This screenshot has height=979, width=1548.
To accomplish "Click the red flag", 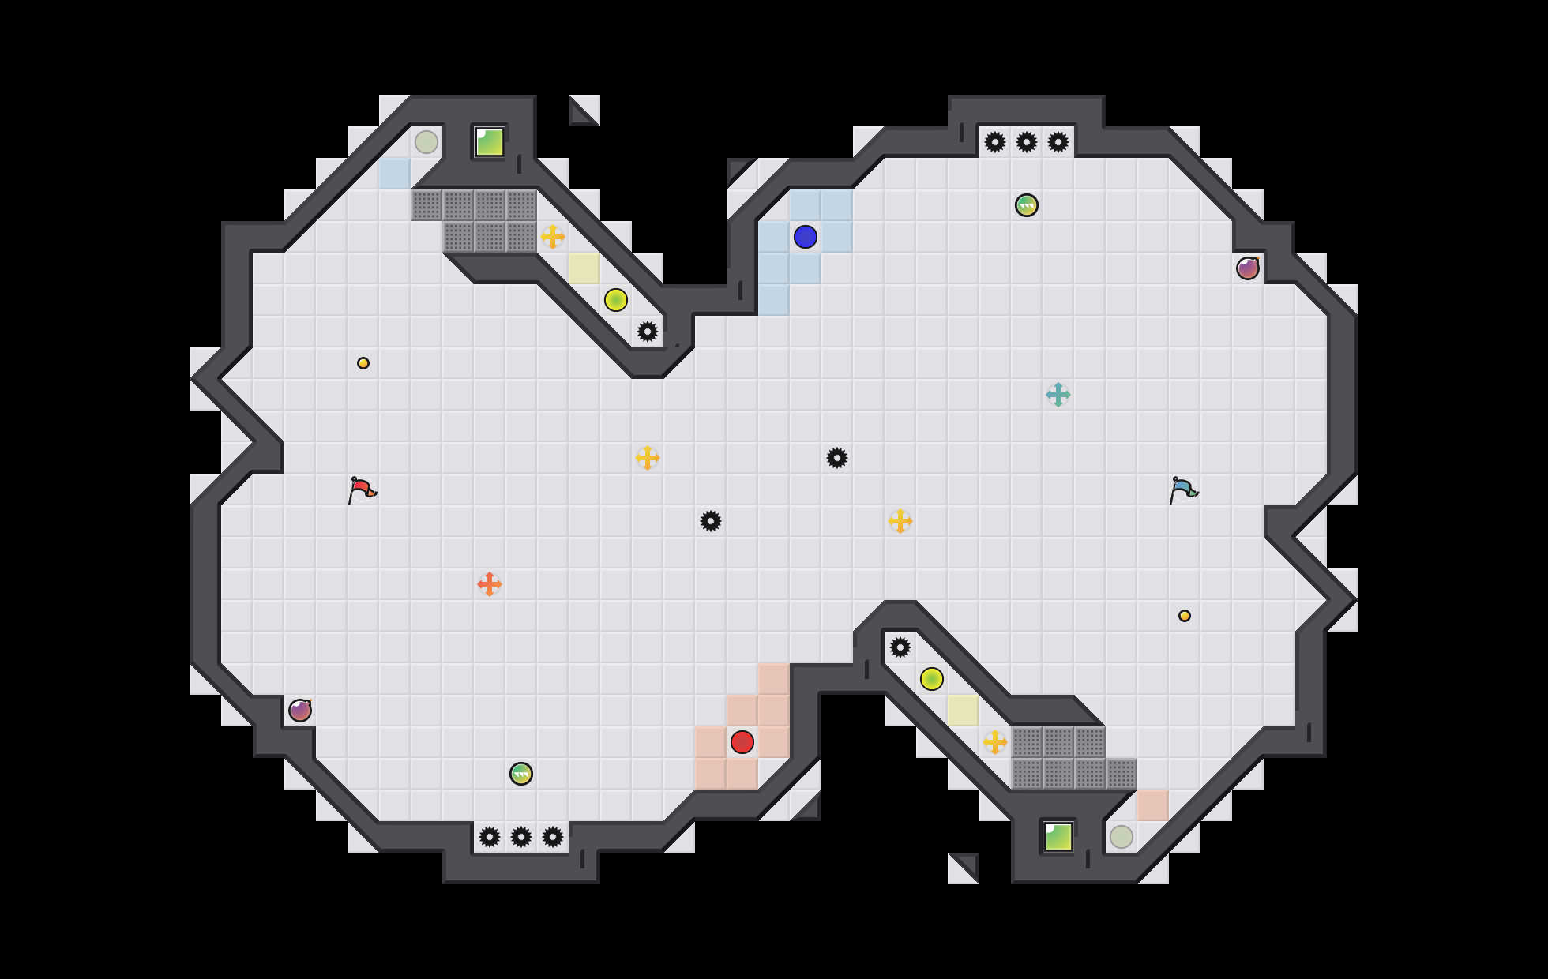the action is pyautogui.click(x=362, y=489).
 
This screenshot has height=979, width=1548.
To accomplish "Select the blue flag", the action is pyautogui.click(x=1183, y=489).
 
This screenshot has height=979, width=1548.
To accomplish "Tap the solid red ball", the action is pyautogui.click(x=742, y=742).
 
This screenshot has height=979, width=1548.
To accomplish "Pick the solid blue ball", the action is pyautogui.click(x=806, y=237).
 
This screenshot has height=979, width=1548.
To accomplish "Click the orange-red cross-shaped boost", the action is pyautogui.click(x=490, y=584).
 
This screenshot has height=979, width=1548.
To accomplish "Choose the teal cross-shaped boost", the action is pyautogui.click(x=1058, y=395).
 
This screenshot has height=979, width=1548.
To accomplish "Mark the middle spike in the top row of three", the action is pyautogui.click(x=1027, y=142).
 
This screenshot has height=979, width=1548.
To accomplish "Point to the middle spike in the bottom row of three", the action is pyautogui.click(x=521, y=837).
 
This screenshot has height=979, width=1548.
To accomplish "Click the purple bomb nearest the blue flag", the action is pyautogui.click(x=1248, y=268).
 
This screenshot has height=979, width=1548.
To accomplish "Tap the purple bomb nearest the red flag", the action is pyautogui.click(x=300, y=711).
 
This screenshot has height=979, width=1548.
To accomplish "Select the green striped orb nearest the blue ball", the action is pyautogui.click(x=1027, y=205).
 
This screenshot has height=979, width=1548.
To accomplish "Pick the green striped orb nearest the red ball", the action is pyautogui.click(x=521, y=774).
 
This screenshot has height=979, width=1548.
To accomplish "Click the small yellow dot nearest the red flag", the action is pyautogui.click(x=363, y=363).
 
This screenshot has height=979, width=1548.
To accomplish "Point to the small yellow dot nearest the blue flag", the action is pyautogui.click(x=1185, y=616).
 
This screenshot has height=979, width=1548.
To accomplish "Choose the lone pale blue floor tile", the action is pyautogui.click(x=395, y=174).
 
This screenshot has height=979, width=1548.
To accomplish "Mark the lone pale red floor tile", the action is pyautogui.click(x=1153, y=805).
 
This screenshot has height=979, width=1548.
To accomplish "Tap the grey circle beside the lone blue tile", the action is pyautogui.click(x=426, y=142).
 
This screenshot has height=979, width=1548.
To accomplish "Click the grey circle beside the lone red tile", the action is pyautogui.click(x=1122, y=837).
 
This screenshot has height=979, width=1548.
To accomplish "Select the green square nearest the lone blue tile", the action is pyautogui.click(x=490, y=142).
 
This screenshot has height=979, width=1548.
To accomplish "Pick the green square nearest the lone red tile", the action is pyautogui.click(x=1058, y=837).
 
